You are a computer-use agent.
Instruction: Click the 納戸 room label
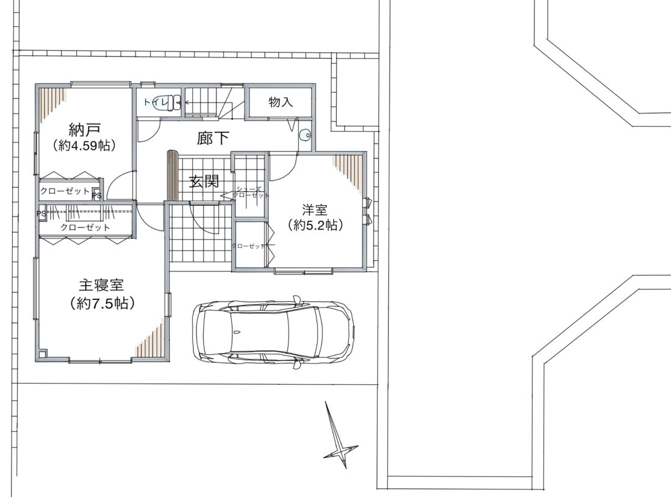pyautogui.click(x=84, y=130)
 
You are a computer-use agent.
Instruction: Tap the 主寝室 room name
pyautogui.click(x=101, y=285)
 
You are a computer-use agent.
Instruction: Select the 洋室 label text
pyautogui.click(x=315, y=210)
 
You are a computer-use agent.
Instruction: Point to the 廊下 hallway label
pyautogui.click(x=213, y=138)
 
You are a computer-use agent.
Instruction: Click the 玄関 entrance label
pyautogui.click(x=204, y=182)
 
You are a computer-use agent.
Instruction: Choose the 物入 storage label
pyautogui.click(x=281, y=102)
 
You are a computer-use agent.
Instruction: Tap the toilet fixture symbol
pyautogui.click(x=165, y=102)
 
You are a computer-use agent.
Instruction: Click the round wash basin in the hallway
pyautogui.click(x=305, y=135)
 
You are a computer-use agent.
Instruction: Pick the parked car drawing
pyautogui.click(x=273, y=332)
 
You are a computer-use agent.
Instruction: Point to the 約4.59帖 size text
pyautogui.click(x=84, y=145)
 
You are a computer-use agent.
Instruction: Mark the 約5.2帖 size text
pyautogui.click(x=315, y=225)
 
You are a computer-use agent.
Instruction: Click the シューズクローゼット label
pyautogui.click(x=251, y=192)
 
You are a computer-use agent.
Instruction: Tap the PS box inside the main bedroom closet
pyautogui.click(x=41, y=213)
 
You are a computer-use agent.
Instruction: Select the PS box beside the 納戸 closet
pyautogui.click(x=97, y=195)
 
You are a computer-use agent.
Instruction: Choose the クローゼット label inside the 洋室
pyautogui.click(x=248, y=246)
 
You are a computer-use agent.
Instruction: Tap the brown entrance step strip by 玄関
pyautogui.click(x=172, y=176)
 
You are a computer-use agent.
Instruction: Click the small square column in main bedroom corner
pyautogui.click(x=42, y=354)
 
